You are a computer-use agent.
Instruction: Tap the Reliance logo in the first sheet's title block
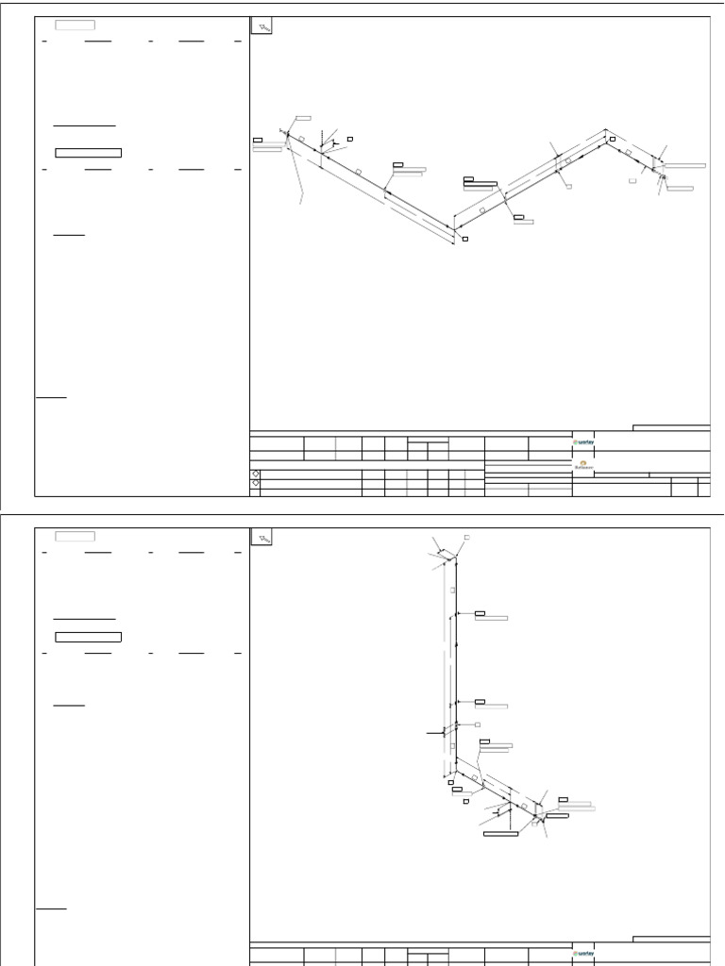point(583,464)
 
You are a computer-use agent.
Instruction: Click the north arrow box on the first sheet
point(261,27)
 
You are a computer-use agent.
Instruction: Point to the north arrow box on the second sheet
point(261,538)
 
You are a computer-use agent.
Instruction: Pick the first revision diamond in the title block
point(255,472)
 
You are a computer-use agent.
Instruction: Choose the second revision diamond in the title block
point(255,483)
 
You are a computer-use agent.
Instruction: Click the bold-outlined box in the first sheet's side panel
point(89,151)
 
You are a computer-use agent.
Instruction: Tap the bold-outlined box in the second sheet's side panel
point(89,636)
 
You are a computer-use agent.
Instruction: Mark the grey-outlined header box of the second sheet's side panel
point(75,536)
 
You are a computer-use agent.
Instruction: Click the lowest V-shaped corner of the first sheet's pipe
point(454,227)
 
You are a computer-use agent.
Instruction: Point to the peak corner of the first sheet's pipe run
point(606,132)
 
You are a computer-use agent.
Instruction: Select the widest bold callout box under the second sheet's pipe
point(501,834)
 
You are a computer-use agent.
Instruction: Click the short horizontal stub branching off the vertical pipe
point(435,731)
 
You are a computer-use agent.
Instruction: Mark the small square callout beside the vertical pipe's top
point(467,538)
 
